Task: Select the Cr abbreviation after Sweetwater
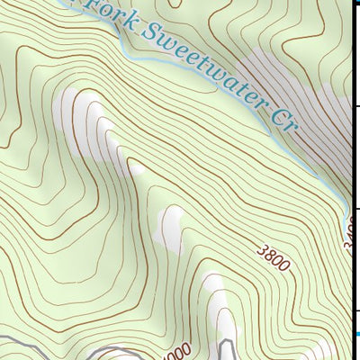click(283, 116)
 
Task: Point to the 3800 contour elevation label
click(273, 257)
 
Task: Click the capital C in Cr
click(276, 111)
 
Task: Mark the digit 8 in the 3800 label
click(269, 255)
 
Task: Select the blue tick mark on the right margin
click(355, 335)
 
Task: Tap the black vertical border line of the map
click(351, 135)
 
